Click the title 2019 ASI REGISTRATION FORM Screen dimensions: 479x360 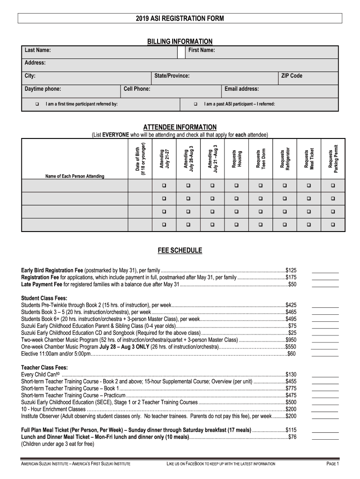click(180, 18)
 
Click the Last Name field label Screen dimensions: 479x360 click(38, 51)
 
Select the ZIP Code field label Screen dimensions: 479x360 click(291, 76)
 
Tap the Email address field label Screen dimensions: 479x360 click(242, 89)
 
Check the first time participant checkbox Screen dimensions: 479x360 click(37, 104)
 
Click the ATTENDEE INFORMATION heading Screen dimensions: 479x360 click(180, 127)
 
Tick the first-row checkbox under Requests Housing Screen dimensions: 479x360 click(236, 186)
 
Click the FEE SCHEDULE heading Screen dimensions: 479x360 click(180, 251)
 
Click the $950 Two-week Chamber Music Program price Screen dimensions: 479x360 click(291, 340)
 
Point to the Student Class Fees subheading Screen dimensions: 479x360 click(44, 298)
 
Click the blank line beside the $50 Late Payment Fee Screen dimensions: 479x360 click(325, 284)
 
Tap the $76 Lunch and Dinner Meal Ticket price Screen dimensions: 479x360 click(292, 437)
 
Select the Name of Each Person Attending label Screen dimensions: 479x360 click(75, 176)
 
